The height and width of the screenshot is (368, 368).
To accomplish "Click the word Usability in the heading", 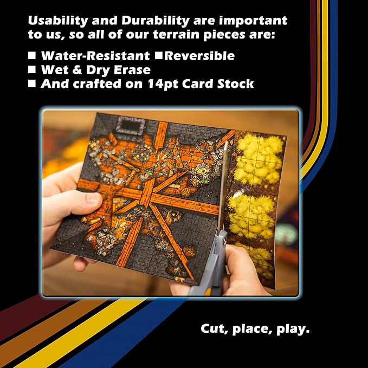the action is pos(58,21).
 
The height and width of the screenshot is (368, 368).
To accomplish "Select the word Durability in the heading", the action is pos(156,21).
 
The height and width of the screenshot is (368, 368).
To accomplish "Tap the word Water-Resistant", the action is pos(95,56).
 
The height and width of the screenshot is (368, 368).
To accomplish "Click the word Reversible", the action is pos(199,56).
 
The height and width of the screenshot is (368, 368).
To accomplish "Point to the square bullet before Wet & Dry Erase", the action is pos(32,69).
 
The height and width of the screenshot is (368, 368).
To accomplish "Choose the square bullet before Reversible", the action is pos(159,55).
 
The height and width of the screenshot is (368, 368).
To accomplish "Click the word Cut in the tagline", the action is pos(214,329).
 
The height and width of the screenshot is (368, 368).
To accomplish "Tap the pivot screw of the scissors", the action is pos(224,241).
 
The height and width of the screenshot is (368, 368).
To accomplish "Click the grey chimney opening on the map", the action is pos(131,126).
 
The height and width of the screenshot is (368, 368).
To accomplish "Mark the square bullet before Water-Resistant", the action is pos(32,55).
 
